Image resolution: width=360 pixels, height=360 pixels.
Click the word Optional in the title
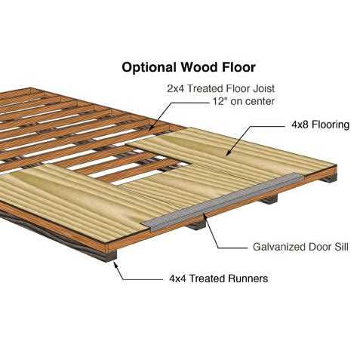click(149, 68)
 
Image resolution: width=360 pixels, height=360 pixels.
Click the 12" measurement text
click(220, 101)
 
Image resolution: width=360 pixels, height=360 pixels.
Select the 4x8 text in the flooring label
click(300, 125)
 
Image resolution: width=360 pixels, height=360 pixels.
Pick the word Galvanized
click(275, 247)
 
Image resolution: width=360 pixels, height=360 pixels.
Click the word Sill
click(341, 247)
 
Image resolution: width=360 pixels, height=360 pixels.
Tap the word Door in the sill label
click(315, 247)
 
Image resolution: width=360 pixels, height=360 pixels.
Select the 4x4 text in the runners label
click(177, 278)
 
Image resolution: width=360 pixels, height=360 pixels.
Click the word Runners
click(248, 278)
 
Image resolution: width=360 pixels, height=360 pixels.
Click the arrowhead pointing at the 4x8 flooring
click(228, 153)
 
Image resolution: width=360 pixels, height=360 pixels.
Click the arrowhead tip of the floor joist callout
click(149, 131)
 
